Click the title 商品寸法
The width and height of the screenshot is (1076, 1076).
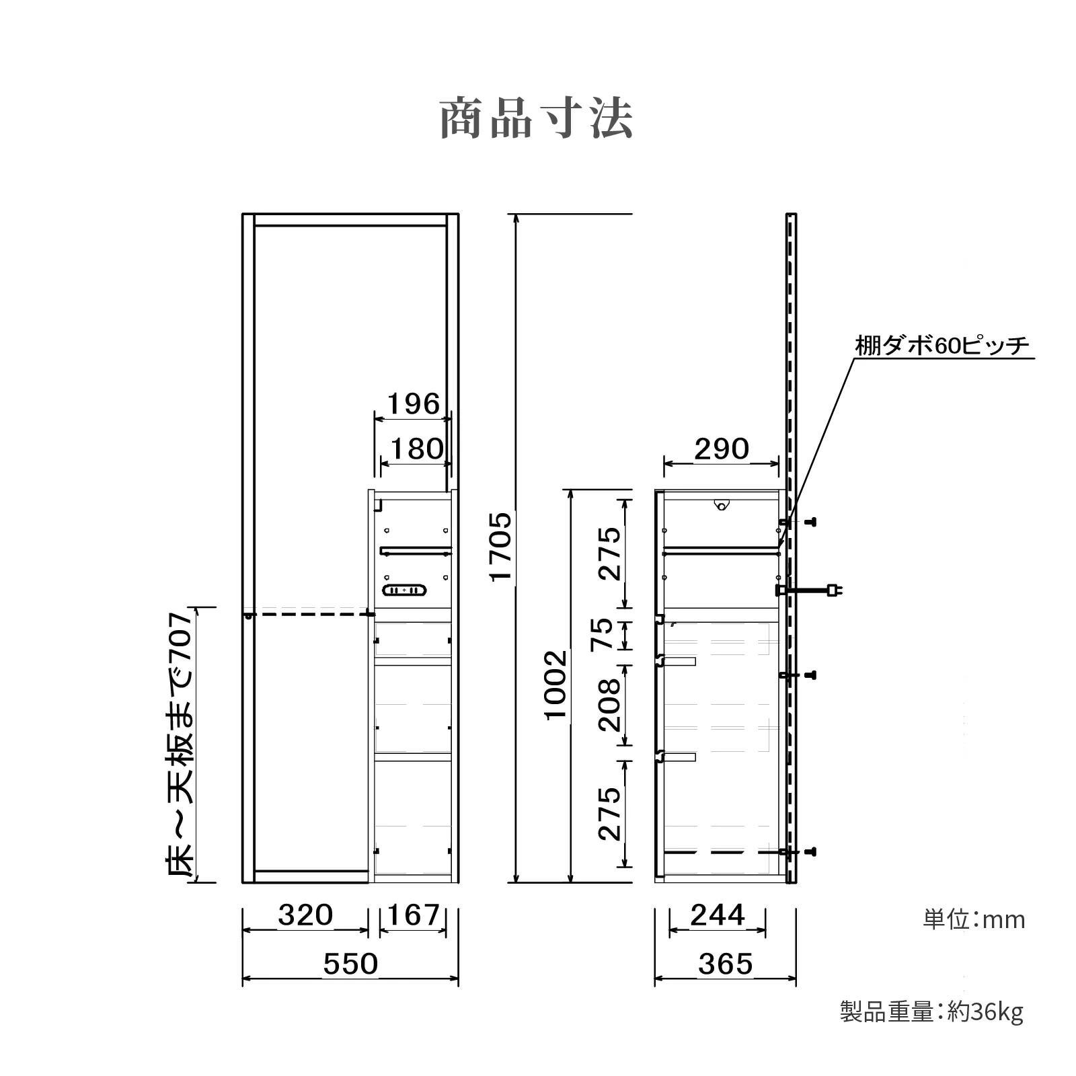point(537,120)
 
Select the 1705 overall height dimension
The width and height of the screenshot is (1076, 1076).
point(501,546)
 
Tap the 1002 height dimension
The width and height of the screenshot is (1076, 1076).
point(556,685)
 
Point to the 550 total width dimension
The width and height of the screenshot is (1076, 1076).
point(350,964)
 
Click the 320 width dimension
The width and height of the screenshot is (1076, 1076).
point(305,915)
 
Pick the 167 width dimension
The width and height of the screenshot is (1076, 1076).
point(413,915)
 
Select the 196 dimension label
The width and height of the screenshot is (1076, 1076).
point(414,404)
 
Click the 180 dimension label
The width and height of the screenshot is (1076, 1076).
point(417,449)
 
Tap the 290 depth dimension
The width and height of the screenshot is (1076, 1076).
point(721,449)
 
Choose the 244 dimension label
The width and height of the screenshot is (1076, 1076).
point(718,915)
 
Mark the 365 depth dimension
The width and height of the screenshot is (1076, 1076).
point(725,964)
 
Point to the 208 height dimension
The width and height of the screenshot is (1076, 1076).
point(609,705)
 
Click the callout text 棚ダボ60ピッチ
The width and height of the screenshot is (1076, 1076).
point(941,346)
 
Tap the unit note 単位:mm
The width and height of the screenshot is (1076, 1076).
point(974,919)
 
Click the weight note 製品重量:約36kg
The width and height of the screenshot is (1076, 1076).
point(931,1011)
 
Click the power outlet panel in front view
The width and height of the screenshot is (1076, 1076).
point(404,590)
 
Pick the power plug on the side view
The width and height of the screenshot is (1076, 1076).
point(834,590)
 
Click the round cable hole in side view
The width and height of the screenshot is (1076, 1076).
point(721,504)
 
